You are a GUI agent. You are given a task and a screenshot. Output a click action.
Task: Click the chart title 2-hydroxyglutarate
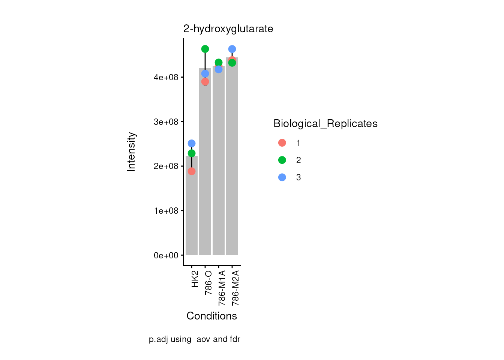(x=228, y=29)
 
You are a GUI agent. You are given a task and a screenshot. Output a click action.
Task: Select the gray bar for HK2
(x=192, y=210)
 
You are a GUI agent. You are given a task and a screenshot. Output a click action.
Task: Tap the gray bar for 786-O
(x=205, y=169)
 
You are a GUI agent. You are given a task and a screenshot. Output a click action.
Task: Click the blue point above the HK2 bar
(x=192, y=144)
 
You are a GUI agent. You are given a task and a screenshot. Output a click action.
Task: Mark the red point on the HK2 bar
(x=192, y=171)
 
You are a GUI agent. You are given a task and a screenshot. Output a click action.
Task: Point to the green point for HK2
(x=192, y=153)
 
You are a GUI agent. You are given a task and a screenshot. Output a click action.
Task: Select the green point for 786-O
(x=205, y=49)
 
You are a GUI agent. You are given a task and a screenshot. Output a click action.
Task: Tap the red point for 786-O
(x=205, y=82)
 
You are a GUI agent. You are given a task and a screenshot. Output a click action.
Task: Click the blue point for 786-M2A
(x=232, y=49)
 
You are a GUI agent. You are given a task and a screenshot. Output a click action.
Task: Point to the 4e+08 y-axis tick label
(x=166, y=78)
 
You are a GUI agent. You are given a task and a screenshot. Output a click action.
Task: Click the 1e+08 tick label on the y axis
(x=166, y=211)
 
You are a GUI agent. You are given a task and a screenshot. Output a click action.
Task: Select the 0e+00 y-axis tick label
(x=166, y=256)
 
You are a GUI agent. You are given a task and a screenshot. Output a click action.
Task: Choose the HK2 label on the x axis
(x=195, y=279)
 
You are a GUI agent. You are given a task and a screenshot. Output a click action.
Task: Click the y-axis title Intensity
(x=131, y=152)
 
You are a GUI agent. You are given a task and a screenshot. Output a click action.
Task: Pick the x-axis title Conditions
(x=211, y=316)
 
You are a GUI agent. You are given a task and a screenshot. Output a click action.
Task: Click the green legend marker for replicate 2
(x=282, y=160)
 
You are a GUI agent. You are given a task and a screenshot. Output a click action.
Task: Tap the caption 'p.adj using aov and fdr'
(x=194, y=339)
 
